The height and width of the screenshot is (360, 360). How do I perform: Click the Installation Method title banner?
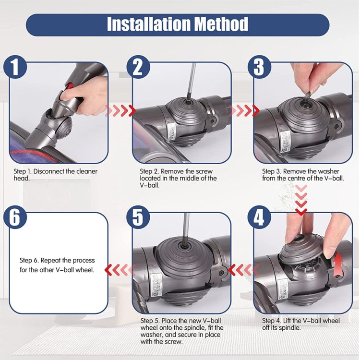(178, 24)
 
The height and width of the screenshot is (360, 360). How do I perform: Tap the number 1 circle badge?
(16, 67)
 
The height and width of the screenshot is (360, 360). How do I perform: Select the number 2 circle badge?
(138, 67)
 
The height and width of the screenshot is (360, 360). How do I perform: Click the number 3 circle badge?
(259, 67)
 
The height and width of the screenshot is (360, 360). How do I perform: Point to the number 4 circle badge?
(259, 218)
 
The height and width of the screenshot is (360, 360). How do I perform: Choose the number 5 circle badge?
(138, 218)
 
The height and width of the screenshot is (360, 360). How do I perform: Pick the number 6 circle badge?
(16, 218)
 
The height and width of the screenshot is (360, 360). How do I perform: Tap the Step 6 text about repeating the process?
(57, 265)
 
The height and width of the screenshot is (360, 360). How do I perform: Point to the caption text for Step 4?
(301, 324)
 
